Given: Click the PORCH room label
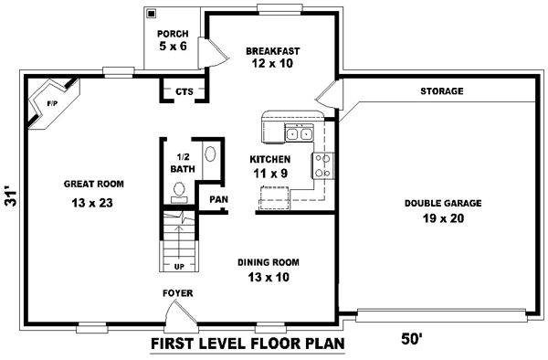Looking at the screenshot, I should click(172, 34).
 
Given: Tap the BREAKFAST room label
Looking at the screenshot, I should click(273, 51).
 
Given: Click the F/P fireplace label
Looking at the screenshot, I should click(51, 105).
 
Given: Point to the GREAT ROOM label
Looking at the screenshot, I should click(94, 184).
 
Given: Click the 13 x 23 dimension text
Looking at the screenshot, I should click(92, 203).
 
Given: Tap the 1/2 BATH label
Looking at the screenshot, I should click(181, 163).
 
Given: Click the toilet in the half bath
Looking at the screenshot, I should click(180, 191).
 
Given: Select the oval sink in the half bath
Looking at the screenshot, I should click(209, 155).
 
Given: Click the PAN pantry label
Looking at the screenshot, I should click(217, 199).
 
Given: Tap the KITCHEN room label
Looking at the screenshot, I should click(269, 159).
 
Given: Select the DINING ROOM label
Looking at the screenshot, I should click(269, 262).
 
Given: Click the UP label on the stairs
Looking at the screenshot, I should click(179, 267).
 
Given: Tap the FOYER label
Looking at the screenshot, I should click(177, 293).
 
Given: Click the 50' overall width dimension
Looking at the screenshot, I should click(413, 339).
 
